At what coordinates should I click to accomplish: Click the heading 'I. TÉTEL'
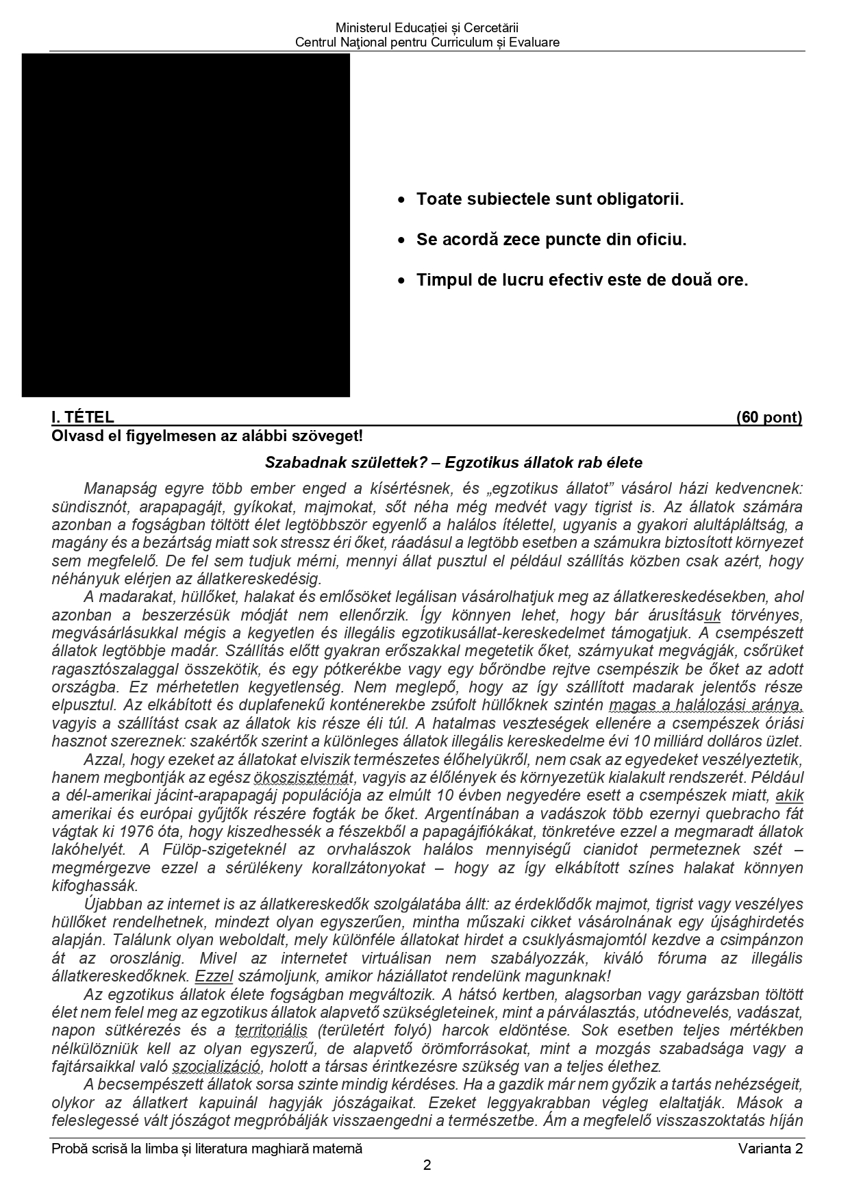tap(83, 418)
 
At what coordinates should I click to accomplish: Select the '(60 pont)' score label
tap(768, 418)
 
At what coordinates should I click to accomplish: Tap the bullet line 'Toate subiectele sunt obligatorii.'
tap(550, 200)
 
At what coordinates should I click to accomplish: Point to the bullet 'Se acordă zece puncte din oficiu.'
tap(551, 240)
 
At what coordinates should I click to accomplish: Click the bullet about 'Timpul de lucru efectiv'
tap(582, 280)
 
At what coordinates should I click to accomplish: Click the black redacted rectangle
tap(186, 225)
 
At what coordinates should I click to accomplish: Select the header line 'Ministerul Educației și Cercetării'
tap(427, 28)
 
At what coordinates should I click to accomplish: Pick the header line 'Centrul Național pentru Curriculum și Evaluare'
tap(427, 42)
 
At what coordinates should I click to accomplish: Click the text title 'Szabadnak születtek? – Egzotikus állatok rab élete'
tap(453, 462)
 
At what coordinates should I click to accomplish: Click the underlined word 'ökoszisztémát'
tap(303, 778)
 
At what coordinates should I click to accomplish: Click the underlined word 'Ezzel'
tap(214, 976)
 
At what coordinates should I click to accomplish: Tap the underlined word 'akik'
tap(789, 796)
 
